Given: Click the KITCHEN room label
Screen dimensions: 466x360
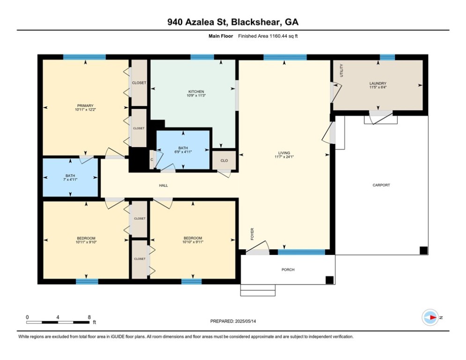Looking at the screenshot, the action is point(196,91).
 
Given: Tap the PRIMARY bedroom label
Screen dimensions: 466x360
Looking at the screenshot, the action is point(85,105).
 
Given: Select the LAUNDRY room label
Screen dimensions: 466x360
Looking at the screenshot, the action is point(378,83).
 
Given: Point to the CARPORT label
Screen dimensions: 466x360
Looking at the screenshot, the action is point(381,185).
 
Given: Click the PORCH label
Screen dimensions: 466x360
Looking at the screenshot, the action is point(288,270).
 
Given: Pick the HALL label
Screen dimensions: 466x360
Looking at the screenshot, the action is point(163,185).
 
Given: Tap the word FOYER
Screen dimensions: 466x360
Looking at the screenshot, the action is point(252,234).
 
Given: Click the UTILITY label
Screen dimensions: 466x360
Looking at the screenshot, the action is point(341,70).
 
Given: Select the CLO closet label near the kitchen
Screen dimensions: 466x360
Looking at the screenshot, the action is point(224,160).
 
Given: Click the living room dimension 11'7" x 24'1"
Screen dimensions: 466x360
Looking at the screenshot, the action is point(284,157).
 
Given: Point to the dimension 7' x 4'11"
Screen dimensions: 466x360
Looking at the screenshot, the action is point(70,180).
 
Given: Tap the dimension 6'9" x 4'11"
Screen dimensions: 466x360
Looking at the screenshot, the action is point(183,152).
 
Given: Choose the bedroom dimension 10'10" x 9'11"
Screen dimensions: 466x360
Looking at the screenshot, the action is point(193,242).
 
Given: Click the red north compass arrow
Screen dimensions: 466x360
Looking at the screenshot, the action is point(433,317).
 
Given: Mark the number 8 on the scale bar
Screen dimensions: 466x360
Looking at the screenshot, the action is point(89,317).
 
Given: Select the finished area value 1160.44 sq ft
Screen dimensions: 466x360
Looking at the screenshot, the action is point(283,36).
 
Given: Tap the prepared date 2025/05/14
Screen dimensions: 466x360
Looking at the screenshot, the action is point(245,321).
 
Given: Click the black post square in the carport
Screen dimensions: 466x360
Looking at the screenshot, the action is point(423,250).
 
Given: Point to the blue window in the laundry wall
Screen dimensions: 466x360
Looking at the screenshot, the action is point(387,57).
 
